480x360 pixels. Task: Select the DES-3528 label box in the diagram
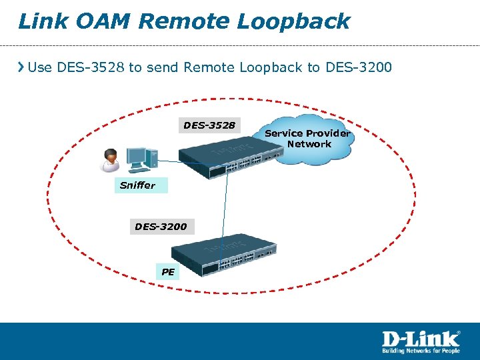(209, 125)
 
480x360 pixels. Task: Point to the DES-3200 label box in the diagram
(161, 227)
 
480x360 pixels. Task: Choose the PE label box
(168, 271)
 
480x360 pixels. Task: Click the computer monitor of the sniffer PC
(138, 156)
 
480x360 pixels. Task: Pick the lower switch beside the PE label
(224, 255)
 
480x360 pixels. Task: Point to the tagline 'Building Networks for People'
(420, 350)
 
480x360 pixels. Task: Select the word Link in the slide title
(42, 21)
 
